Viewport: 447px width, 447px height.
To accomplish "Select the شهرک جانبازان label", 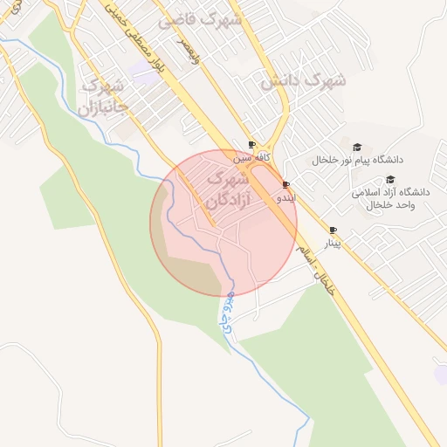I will (103, 98).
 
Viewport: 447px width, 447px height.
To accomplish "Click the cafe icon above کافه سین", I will (251, 145).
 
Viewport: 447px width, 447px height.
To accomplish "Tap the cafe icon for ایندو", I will (286, 184).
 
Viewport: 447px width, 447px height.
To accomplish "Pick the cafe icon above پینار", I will (332, 230).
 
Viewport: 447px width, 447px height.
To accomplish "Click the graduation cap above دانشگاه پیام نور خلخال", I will (356, 146).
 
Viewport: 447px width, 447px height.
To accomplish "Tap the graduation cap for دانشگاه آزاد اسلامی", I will (389, 179).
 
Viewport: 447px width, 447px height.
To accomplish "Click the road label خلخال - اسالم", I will (315, 270).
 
